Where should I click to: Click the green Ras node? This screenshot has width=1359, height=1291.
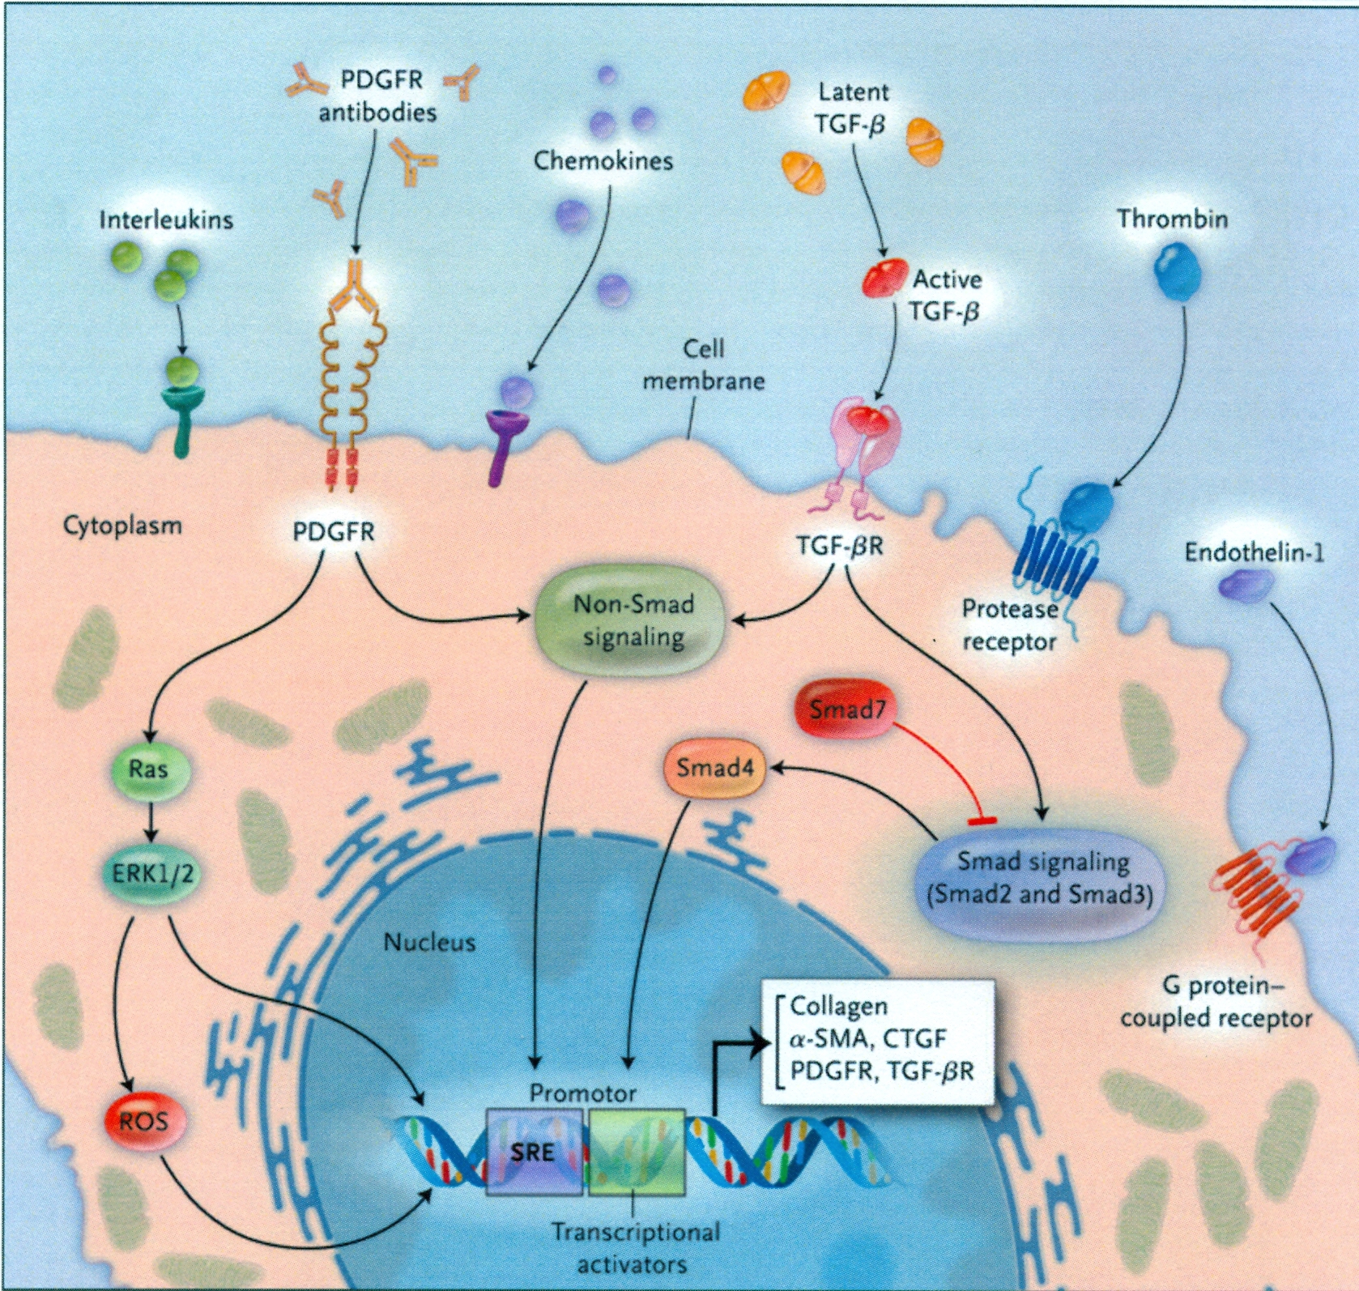pyautogui.click(x=148, y=769)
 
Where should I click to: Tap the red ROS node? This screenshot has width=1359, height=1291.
pyautogui.click(x=144, y=1121)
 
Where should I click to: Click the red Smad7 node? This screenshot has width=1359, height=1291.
pyautogui.click(x=846, y=709)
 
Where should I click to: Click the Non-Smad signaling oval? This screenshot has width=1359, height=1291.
pyautogui.click(x=633, y=620)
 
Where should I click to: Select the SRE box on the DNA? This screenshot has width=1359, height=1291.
pyautogui.click(x=533, y=1152)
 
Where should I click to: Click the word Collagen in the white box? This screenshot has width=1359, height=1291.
pyautogui.click(x=838, y=1006)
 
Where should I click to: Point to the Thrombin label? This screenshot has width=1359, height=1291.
pyautogui.click(x=1172, y=219)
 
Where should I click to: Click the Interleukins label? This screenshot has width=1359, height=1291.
pyautogui.click(x=166, y=219)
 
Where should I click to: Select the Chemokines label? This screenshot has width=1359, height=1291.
pyautogui.click(x=603, y=160)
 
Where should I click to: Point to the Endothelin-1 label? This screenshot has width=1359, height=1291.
pyautogui.click(x=1254, y=552)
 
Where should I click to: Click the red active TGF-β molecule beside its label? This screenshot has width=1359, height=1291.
pyautogui.click(x=883, y=278)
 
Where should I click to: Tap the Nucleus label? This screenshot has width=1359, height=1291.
pyautogui.click(x=429, y=942)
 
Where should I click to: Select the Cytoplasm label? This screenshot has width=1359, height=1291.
pyautogui.click(x=122, y=525)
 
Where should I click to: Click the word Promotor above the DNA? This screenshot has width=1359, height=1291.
pyautogui.click(x=582, y=1093)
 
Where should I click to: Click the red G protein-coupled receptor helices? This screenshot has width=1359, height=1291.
pyautogui.click(x=1255, y=891)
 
